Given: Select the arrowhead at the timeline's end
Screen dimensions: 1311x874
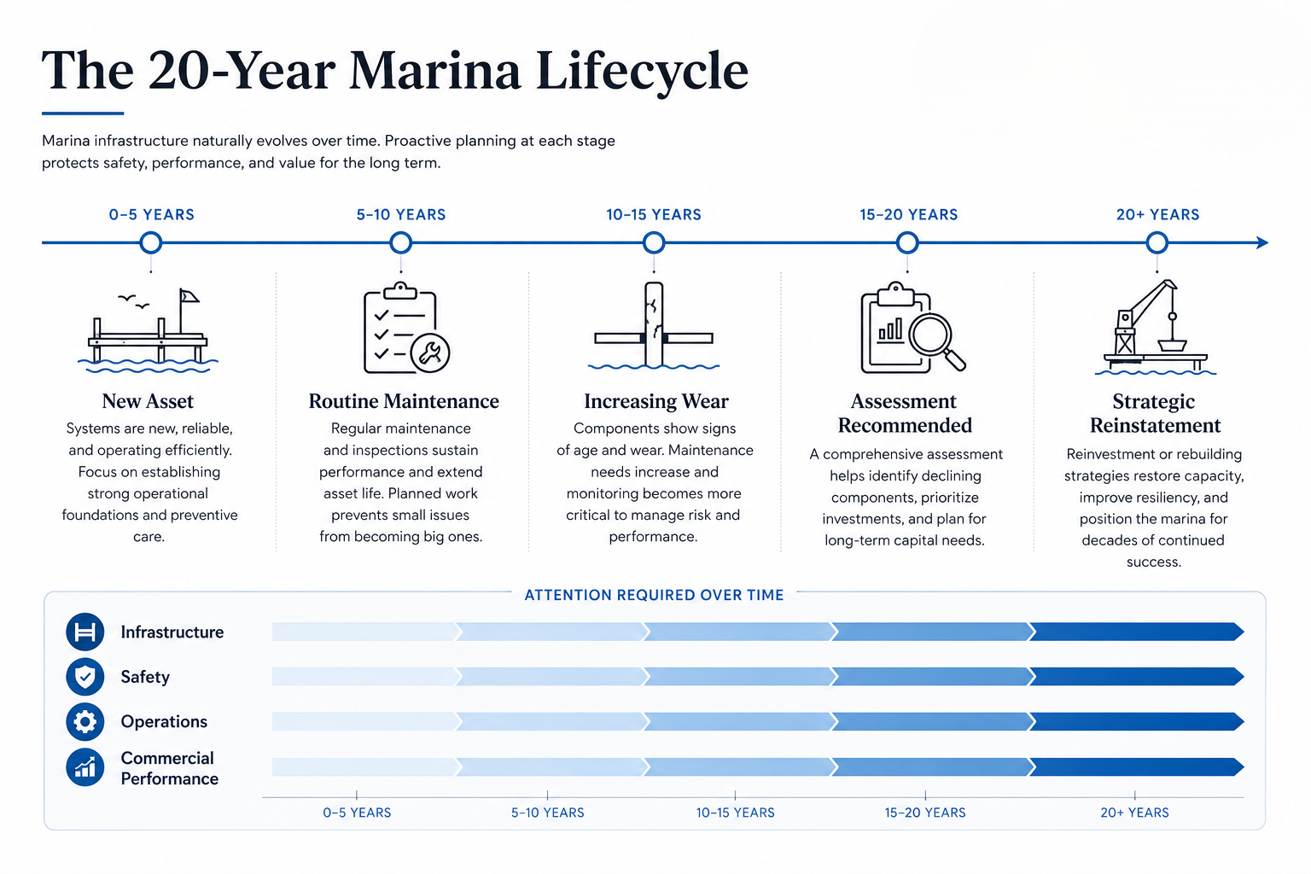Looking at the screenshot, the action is [1262, 242].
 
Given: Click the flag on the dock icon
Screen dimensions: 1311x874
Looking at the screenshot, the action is [189, 296].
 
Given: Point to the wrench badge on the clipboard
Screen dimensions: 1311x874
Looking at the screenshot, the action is [430, 353].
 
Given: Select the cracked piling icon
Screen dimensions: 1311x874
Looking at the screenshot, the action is [654, 325].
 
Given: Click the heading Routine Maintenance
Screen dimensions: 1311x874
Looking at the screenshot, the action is [404, 402].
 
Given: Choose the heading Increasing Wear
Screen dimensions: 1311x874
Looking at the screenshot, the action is [656, 402].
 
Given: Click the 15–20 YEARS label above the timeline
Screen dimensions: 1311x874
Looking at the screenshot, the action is [908, 215].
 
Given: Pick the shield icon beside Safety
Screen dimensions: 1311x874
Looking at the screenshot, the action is [84, 677].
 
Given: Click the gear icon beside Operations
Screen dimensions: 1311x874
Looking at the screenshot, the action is [84, 722].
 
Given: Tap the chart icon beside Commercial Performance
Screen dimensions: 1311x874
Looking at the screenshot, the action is [84, 766].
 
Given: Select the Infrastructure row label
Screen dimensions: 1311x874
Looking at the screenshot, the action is [172, 632].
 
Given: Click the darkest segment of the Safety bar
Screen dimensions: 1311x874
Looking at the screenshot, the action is [1136, 677].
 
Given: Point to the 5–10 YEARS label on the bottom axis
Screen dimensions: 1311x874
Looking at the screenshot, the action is [548, 813].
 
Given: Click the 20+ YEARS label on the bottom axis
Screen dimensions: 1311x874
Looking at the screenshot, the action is [1134, 813].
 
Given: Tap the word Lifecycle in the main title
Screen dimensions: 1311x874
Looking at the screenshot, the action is [642, 72].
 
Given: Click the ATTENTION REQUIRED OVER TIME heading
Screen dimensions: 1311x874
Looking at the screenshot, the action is [654, 596].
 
